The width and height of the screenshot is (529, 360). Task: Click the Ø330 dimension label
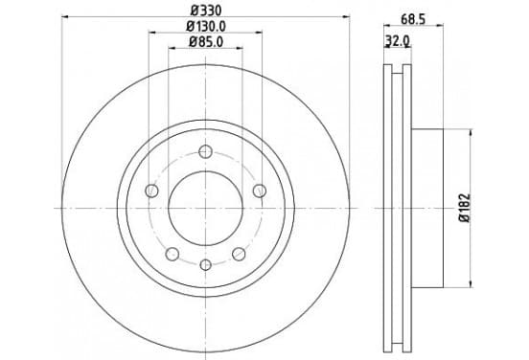206,11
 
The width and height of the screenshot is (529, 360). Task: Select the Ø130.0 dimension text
206,26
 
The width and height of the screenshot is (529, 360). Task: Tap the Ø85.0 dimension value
206,42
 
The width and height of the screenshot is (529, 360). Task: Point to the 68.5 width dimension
413,19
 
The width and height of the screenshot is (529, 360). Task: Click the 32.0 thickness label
398,41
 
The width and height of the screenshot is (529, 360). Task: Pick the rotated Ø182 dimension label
465,208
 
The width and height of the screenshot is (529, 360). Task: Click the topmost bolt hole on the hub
205,151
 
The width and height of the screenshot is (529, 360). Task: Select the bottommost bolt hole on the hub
205,264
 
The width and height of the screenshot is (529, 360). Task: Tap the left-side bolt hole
151,191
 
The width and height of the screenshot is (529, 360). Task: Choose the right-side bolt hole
260,191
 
